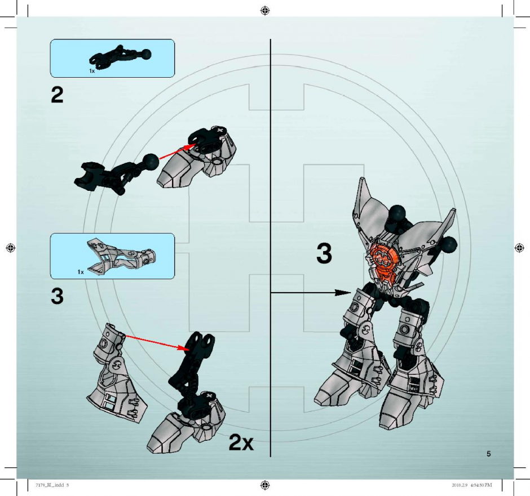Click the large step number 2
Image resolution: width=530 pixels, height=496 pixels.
(x=57, y=95)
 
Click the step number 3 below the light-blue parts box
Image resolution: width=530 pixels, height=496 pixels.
(x=57, y=296)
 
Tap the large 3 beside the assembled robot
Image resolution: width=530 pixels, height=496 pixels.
(x=324, y=253)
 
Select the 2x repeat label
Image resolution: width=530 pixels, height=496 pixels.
(x=241, y=442)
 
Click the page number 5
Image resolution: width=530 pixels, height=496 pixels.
(x=488, y=454)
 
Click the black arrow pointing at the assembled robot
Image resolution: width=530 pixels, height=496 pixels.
(x=311, y=293)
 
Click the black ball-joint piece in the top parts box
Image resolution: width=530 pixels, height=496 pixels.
(x=120, y=56)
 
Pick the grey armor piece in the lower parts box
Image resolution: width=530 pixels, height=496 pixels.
(x=120, y=254)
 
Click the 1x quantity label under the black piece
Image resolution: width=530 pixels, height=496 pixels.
(x=92, y=71)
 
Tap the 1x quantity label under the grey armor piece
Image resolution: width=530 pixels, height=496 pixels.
(x=81, y=271)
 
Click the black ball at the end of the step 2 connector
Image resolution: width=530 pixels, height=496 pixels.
(x=151, y=162)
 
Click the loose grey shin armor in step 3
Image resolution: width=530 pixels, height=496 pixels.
(x=117, y=373)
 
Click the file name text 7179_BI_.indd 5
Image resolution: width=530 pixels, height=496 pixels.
(x=52, y=485)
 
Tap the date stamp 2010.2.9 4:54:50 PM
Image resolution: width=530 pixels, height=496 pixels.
(x=471, y=485)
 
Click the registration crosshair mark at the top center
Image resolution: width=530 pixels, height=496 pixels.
(x=266, y=11)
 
